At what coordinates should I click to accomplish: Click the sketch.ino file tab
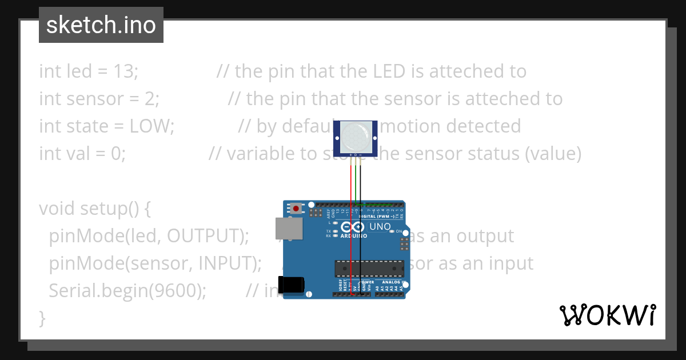pyautogui.click(x=101, y=25)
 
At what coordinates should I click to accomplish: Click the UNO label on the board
pyautogui.click(x=380, y=227)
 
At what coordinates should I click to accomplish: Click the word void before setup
pyautogui.click(x=57, y=209)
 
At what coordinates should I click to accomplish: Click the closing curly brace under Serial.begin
pyautogui.click(x=42, y=318)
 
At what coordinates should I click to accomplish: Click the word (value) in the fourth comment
pyautogui.click(x=553, y=154)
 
